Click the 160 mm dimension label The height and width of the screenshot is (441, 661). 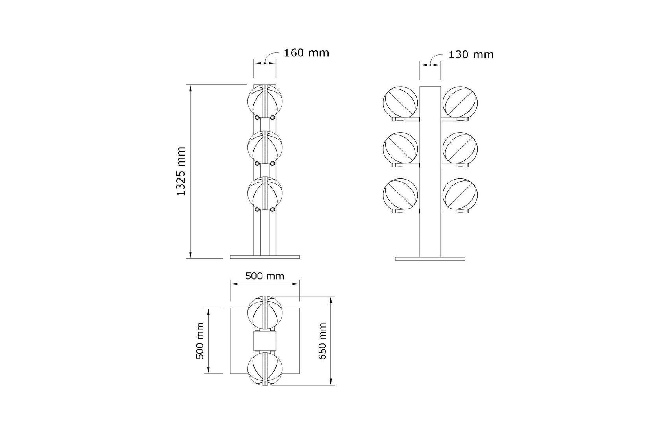(x=306, y=53)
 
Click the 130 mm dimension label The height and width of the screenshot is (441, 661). (x=471, y=55)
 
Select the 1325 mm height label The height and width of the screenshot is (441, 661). (x=181, y=171)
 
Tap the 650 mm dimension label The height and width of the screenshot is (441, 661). (x=323, y=341)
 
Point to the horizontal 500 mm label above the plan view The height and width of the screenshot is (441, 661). (x=265, y=276)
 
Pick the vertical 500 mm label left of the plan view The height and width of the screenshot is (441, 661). (x=200, y=341)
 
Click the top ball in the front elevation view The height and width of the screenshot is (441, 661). (x=265, y=100)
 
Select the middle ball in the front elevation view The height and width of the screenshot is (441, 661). (x=265, y=146)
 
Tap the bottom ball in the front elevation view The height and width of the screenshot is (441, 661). (x=265, y=192)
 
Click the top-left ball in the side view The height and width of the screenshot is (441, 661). (x=401, y=102)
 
